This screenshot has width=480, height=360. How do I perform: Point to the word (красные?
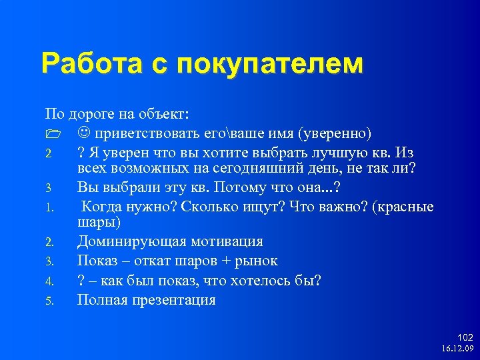(404, 207)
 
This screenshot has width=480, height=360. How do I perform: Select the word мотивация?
(226, 241)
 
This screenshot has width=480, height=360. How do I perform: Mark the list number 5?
(49, 301)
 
